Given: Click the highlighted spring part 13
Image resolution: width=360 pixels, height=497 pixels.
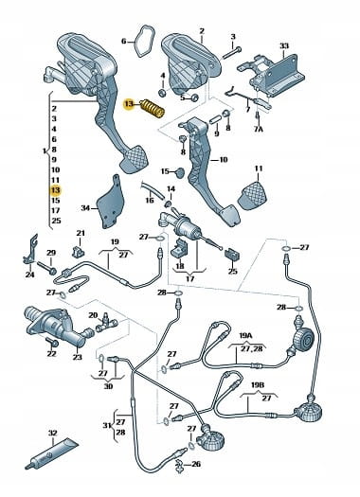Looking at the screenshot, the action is coord(153,108).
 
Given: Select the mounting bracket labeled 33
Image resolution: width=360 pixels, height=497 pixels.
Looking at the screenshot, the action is coord(272,75).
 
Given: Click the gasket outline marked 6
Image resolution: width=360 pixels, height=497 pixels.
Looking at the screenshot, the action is coord(145,42).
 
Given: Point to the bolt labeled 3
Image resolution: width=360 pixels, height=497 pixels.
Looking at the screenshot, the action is coord(232,53).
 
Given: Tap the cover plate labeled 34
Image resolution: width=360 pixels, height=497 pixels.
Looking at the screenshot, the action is coord(110,203).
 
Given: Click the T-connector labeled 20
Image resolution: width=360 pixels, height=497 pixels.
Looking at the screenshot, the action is coord(106,324).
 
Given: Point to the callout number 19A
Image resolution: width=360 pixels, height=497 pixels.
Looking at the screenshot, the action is coord(245,335).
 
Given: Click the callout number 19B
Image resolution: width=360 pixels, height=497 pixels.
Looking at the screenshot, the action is coord(258,385).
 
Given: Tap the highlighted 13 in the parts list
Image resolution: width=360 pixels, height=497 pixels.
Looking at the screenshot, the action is coord(56,190).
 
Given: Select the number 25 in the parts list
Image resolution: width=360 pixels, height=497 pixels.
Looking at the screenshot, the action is coord(56,221).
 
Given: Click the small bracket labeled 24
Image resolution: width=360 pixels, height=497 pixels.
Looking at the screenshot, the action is coord(31,250).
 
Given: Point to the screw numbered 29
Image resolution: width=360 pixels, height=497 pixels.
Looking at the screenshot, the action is coord(47,268).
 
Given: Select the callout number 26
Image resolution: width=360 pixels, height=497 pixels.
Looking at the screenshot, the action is coord(196,464).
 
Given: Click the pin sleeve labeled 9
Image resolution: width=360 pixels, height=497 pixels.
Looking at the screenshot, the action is coord(216,120).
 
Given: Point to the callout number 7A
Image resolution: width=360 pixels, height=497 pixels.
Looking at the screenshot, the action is coord(259,130).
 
